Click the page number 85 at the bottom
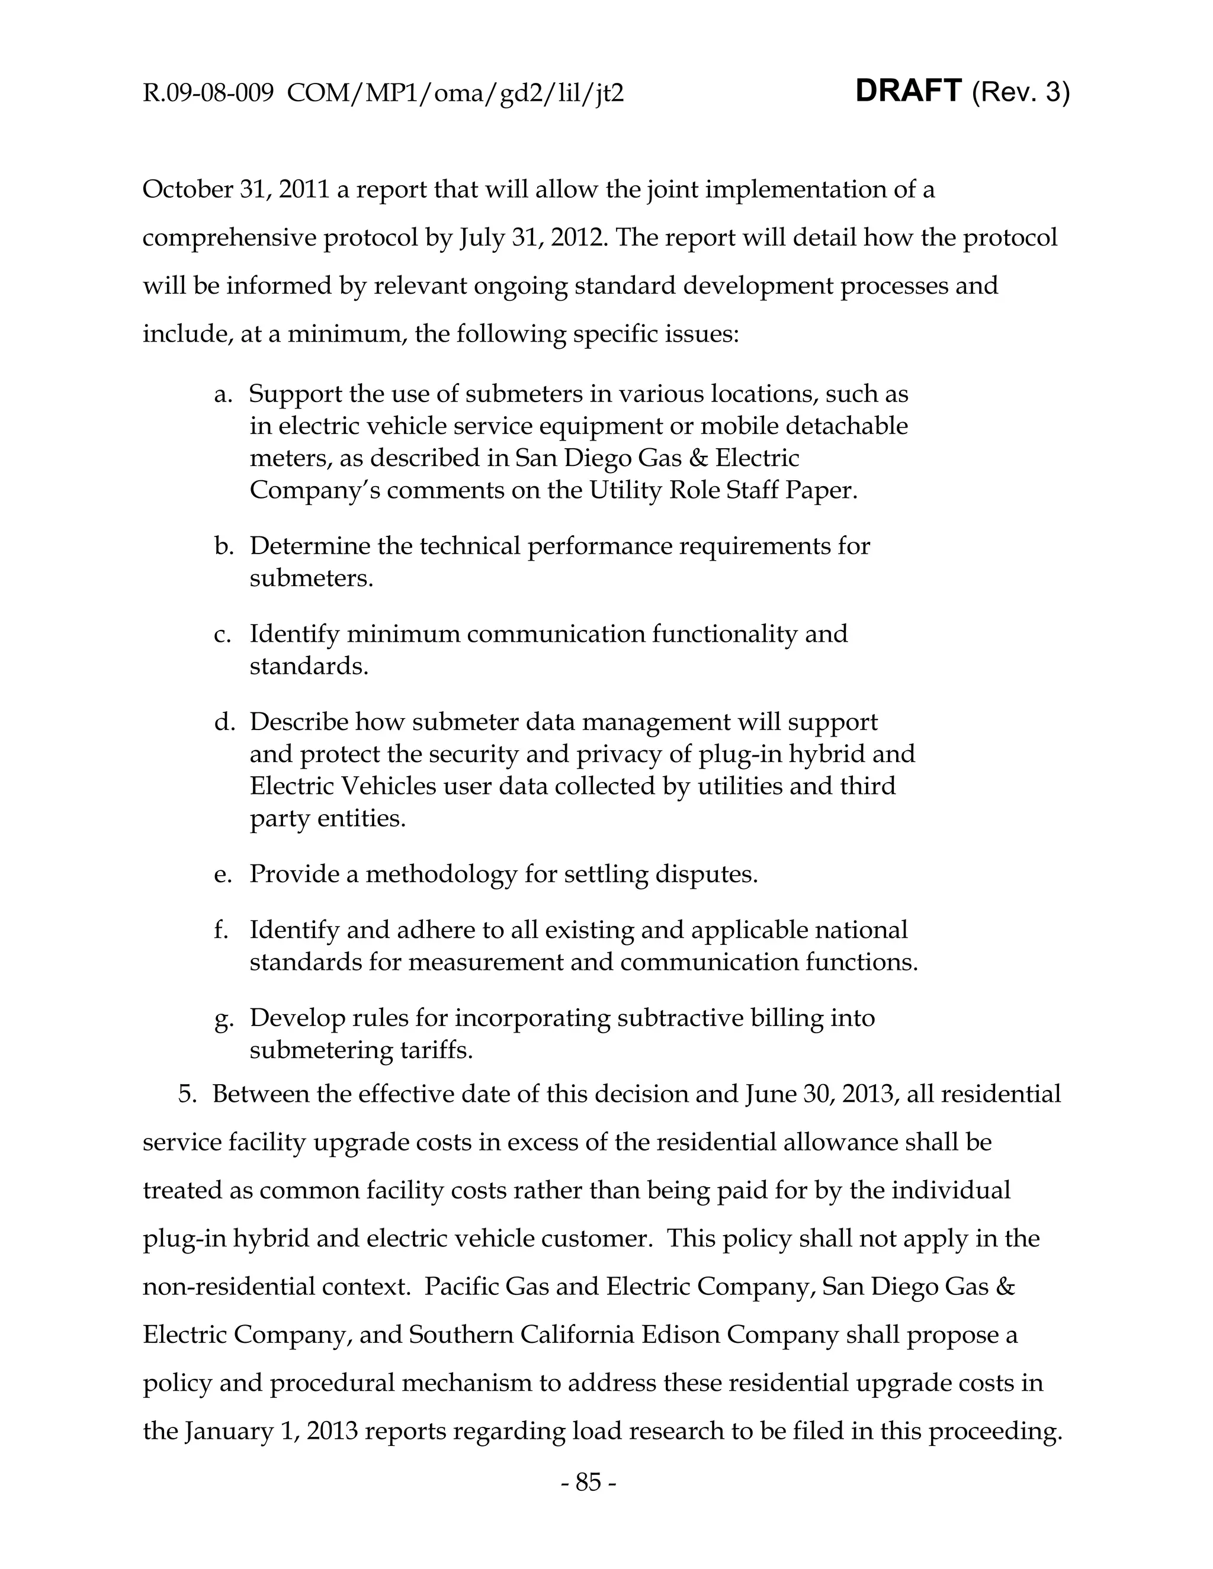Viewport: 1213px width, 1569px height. [x=588, y=1481]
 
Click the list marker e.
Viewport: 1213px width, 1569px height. [x=223, y=874]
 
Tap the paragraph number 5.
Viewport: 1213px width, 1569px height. [x=188, y=1094]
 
